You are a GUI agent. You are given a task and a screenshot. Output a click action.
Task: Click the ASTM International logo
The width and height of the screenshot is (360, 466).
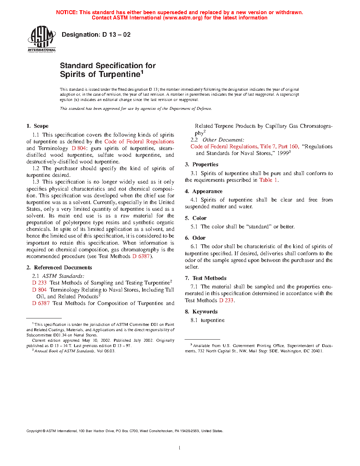(x=42, y=38)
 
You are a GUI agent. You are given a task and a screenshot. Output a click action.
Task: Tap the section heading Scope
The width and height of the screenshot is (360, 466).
(x=41, y=126)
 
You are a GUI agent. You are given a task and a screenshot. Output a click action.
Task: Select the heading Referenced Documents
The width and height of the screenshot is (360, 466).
(x=63, y=268)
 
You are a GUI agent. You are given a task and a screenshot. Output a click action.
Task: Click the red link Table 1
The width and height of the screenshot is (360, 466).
(x=268, y=180)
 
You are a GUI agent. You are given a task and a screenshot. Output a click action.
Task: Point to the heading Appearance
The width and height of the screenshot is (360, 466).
(x=207, y=191)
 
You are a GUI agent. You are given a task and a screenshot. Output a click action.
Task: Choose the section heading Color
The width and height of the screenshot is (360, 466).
(x=199, y=218)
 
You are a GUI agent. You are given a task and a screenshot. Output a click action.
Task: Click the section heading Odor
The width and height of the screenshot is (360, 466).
(x=199, y=238)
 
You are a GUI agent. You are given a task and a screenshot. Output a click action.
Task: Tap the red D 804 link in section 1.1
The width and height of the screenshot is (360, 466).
(x=79, y=148)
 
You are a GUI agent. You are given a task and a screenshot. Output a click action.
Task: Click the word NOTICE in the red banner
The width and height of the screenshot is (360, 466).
(x=67, y=12)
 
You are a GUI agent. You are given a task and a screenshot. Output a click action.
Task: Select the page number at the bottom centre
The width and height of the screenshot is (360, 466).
(x=180, y=448)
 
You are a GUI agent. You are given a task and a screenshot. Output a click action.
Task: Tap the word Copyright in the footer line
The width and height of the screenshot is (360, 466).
(x=34, y=431)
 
